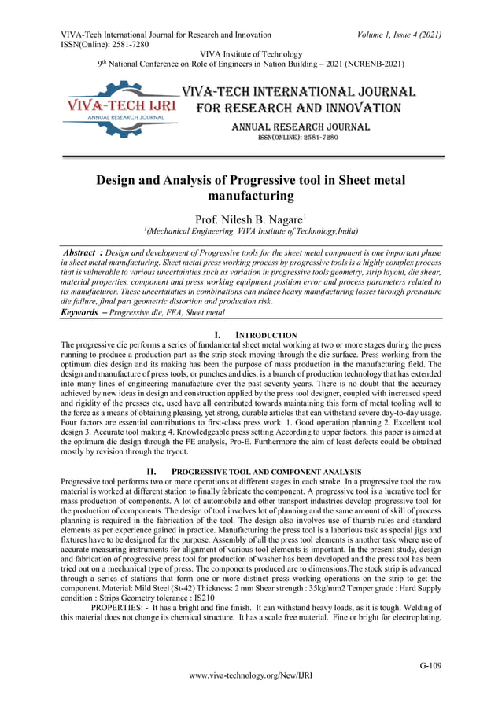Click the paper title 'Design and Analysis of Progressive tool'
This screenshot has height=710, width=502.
(249, 188)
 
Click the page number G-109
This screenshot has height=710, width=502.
(430, 665)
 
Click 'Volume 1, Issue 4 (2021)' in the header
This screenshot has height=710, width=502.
(398, 35)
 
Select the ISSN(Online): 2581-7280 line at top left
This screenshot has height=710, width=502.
(105, 45)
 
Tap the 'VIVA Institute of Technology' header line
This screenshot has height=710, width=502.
(249, 54)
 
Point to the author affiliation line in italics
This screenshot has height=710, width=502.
(249, 233)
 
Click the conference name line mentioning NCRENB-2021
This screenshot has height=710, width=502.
(249, 64)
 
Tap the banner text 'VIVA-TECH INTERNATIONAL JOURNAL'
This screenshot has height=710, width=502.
(298, 91)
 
